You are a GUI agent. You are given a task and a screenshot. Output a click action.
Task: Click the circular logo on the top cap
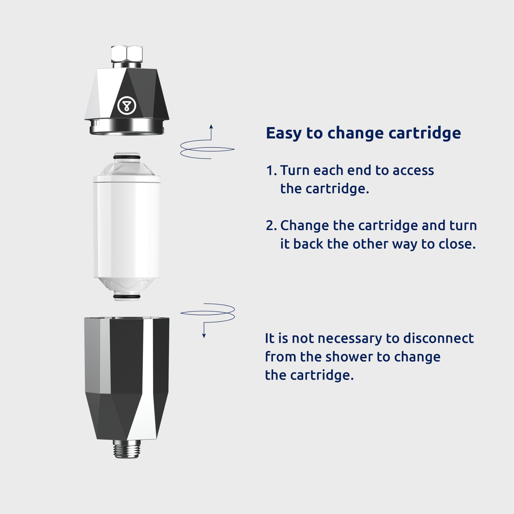click(127, 106)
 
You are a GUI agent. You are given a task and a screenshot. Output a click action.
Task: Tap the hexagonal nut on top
click(127, 54)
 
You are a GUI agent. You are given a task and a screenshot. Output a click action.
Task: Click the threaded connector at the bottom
click(127, 449)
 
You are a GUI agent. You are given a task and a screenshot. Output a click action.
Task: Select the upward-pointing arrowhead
click(211, 127)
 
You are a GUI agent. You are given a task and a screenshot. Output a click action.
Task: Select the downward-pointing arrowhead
click(204, 336)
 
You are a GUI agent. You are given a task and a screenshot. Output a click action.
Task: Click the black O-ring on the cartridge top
click(127, 157)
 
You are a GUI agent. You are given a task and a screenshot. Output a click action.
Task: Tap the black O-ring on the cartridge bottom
click(127, 296)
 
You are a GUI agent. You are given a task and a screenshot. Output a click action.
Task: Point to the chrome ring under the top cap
click(127, 127)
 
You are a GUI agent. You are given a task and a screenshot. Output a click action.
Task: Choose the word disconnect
click(439, 338)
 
